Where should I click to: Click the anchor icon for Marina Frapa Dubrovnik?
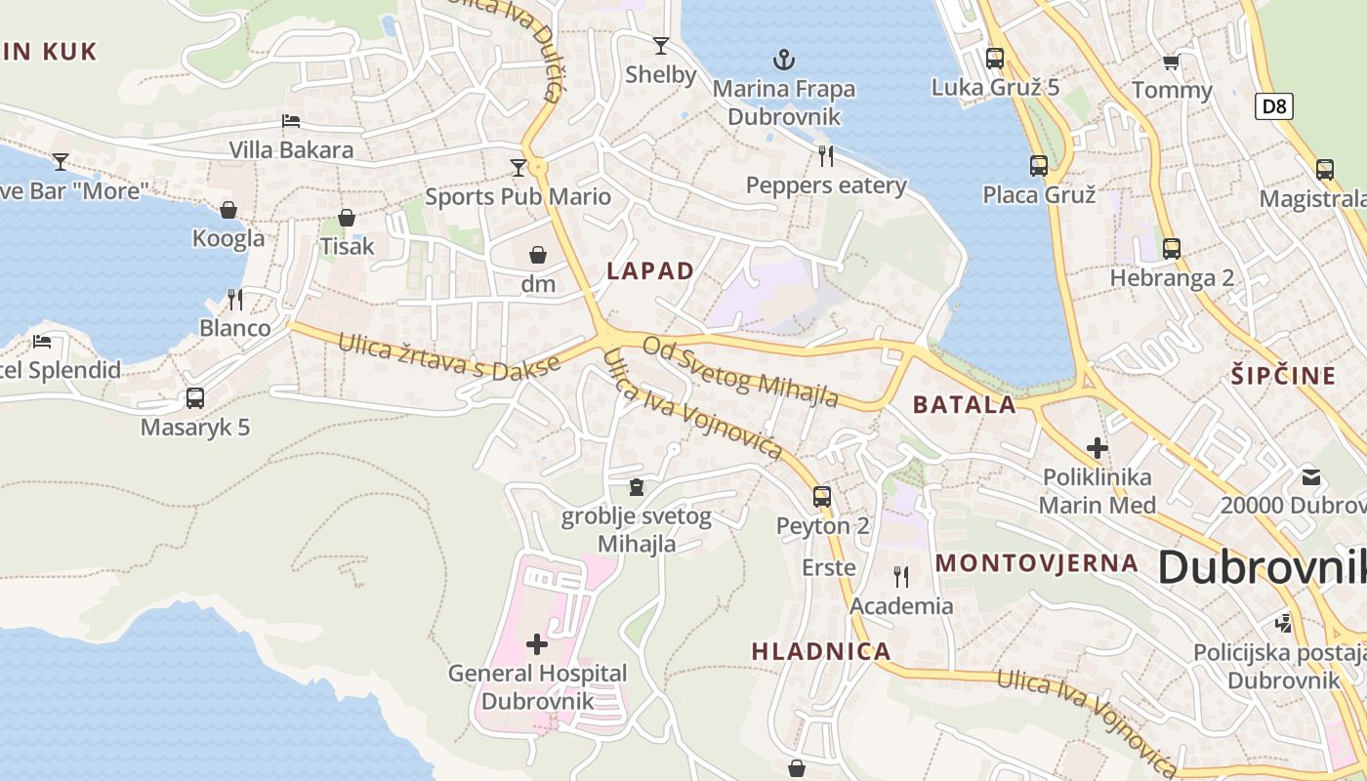pos(783,61)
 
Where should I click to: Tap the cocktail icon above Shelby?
pos(661,45)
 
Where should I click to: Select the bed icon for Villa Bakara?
pos(291,121)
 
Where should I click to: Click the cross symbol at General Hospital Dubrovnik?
pos(537,643)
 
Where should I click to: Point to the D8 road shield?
pos(1274,105)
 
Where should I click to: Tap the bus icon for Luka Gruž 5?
pos(995,58)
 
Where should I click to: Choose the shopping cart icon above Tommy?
pos(1171,62)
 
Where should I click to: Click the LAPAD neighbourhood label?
pos(650,271)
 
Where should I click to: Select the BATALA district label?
pos(964,405)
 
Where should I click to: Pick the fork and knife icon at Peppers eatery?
pos(826,155)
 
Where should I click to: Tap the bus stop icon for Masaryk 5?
pos(195,397)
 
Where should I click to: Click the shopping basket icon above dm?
pos(538,256)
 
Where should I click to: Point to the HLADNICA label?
pos(821,651)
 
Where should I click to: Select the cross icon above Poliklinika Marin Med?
pos(1098,448)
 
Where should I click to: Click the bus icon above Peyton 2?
pos(822,496)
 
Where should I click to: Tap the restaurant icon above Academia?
pos(900,577)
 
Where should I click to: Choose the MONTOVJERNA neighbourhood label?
pos(1037,563)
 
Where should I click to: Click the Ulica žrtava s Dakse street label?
pos(450,357)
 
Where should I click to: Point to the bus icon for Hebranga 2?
pos(1172,249)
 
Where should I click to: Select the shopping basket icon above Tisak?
pos(347,218)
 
